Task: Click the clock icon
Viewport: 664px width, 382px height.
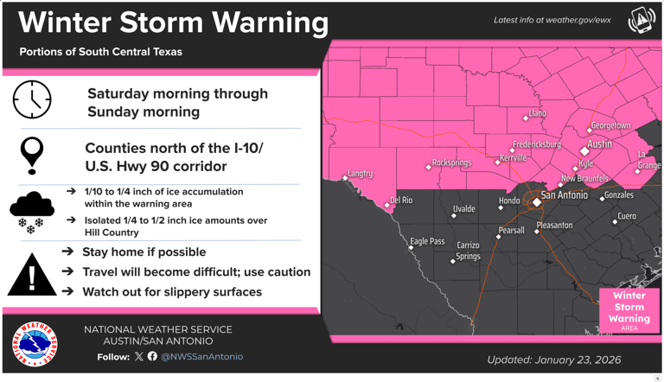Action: (x=32, y=99)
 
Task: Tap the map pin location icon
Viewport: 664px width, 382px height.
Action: (x=32, y=155)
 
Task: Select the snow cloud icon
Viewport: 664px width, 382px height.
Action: (x=32, y=212)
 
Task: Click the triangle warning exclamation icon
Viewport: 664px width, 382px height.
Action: (x=32, y=275)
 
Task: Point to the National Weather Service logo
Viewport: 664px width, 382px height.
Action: (x=35, y=343)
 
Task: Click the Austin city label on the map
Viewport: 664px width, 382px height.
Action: (x=599, y=144)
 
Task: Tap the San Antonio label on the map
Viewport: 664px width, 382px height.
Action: (x=564, y=195)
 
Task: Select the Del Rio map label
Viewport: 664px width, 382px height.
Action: (x=401, y=201)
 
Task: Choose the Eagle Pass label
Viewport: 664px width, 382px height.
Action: (x=427, y=242)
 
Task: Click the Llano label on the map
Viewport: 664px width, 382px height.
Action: (x=537, y=113)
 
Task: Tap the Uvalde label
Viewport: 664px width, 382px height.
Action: (x=463, y=210)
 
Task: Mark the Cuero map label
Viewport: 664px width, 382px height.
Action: (x=627, y=216)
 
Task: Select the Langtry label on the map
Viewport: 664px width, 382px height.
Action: (x=360, y=174)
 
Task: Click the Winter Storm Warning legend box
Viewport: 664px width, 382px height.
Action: (x=629, y=309)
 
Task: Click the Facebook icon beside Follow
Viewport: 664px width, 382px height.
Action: (x=152, y=356)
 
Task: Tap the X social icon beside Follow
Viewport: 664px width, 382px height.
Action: (x=138, y=356)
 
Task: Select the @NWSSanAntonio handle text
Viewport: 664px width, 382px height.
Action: (x=202, y=356)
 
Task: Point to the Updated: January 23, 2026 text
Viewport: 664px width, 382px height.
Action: (x=553, y=360)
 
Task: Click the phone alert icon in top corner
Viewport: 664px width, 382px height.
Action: (x=642, y=20)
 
